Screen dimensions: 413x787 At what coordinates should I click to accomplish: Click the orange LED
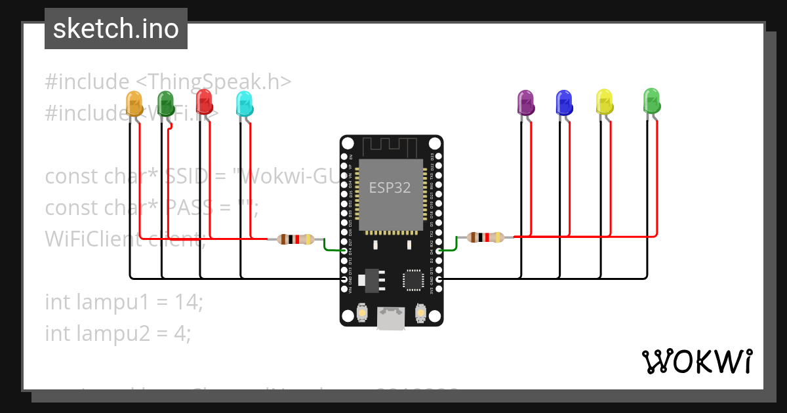click(134, 104)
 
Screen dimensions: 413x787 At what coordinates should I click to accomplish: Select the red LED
click(205, 102)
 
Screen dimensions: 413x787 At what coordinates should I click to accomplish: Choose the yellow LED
click(604, 101)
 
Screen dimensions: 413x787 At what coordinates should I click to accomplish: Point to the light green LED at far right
click(651, 100)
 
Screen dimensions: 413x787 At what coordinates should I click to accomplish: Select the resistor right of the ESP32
click(485, 237)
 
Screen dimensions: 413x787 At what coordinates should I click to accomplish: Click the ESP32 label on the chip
click(390, 188)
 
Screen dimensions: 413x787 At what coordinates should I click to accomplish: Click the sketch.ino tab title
click(116, 29)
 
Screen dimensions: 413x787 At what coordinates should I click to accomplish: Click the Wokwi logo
click(696, 361)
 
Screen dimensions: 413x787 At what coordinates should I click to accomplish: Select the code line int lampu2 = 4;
click(118, 334)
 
